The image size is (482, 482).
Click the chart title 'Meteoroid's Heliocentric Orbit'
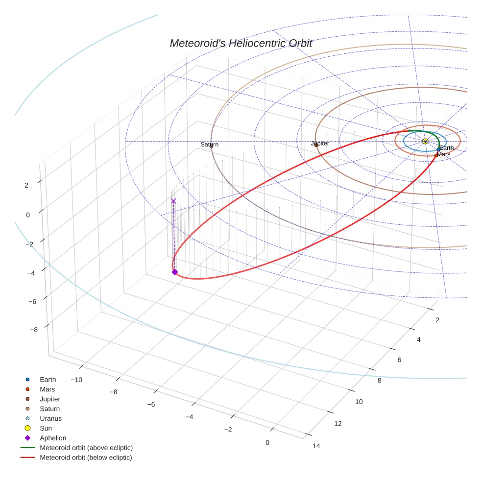point(241,44)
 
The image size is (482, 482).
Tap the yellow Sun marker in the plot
point(425,141)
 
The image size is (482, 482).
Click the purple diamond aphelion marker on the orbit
point(174,272)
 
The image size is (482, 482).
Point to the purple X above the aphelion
point(173,201)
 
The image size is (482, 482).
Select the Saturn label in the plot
point(210,145)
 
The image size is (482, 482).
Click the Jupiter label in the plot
point(320,144)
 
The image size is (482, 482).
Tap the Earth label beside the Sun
point(446,148)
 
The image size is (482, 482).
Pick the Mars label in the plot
point(444,154)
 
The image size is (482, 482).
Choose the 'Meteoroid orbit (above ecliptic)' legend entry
point(86,448)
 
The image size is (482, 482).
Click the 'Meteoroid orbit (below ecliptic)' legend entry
point(86,458)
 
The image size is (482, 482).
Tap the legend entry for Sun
point(46,428)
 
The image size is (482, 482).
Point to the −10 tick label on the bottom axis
point(76,380)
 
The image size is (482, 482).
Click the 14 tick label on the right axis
point(316,446)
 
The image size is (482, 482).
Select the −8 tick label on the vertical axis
point(33,330)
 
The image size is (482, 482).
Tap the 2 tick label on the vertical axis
point(26,185)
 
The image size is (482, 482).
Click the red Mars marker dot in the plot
point(436,155)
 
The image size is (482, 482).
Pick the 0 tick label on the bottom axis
point(267,443)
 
